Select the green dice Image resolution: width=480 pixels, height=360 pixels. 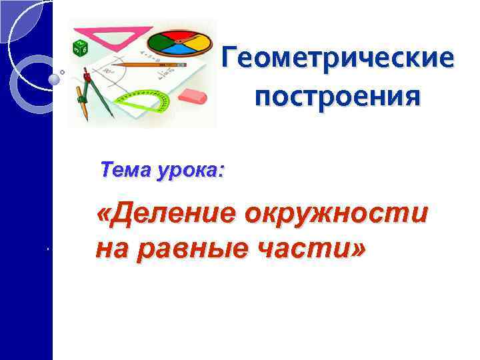[80, 47]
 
